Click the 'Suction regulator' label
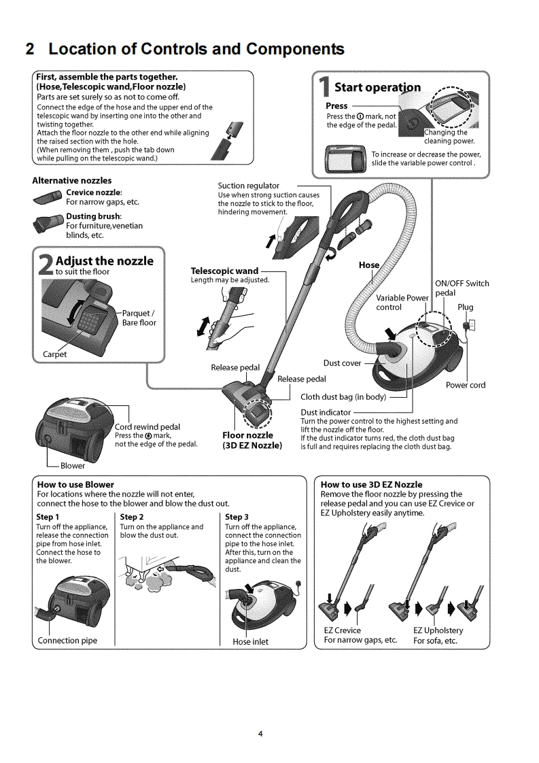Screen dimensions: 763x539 [x=248, y=186]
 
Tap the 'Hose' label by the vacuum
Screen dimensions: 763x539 [x=368, y=265]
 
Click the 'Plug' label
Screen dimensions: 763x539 [x=465, y=307]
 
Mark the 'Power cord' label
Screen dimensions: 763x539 [x=466, y=385]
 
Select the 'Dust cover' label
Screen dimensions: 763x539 [x=343, y=363]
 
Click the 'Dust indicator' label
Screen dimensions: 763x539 [x=326, y=412]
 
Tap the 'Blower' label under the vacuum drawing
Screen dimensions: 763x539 [x=73, y=466]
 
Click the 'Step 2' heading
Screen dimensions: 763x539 [x=132, y=517]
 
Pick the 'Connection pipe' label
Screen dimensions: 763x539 [x=67, y=641]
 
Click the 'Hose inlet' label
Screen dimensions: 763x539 [x=250, y=641]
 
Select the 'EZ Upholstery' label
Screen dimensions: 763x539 [x=438, y=631]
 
